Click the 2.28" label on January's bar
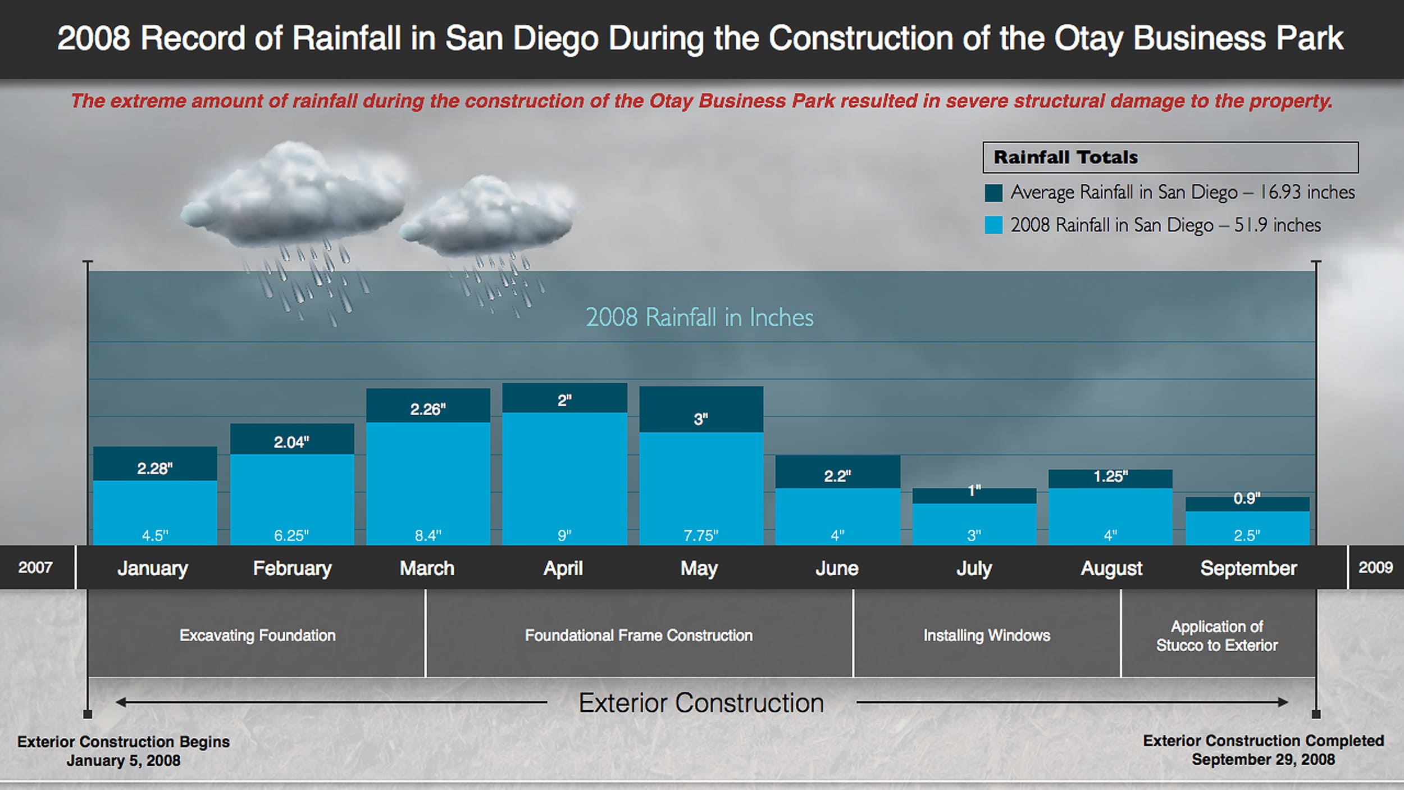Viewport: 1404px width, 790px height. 155,468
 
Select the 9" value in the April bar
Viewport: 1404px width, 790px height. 564,535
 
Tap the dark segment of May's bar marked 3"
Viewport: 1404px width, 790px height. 701,419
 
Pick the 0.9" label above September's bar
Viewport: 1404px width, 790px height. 1247,498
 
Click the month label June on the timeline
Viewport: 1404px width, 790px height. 837,568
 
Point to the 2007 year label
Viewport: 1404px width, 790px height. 35,567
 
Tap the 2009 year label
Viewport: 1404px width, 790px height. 1375,567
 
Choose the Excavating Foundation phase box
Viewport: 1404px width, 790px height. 257,635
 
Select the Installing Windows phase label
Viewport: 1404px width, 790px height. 987,635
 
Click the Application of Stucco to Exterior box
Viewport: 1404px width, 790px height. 1217,635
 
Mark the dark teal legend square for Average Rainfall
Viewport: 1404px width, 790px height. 993,193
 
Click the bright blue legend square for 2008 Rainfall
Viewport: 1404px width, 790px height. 993,225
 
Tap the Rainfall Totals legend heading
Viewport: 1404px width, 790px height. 1065,157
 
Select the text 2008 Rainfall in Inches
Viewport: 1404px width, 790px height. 699,317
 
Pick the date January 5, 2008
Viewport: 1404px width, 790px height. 124,761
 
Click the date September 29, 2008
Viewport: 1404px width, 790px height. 1263,760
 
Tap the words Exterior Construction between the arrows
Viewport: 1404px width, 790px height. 701,702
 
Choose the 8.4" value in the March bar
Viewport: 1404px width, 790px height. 428,535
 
